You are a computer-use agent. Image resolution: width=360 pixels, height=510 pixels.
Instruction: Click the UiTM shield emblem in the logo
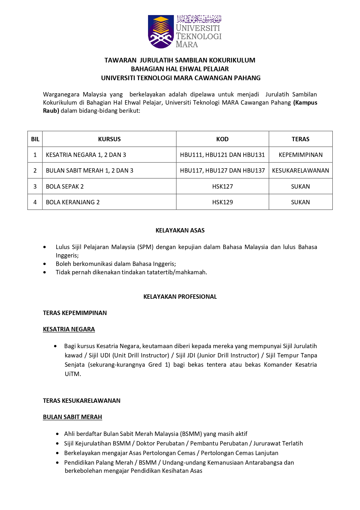point(161,31)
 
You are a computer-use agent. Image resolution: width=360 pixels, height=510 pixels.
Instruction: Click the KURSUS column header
point(109,139)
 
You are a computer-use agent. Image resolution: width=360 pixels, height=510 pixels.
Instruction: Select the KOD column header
point(222,139)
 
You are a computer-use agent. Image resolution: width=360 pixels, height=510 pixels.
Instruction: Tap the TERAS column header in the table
point(300,139)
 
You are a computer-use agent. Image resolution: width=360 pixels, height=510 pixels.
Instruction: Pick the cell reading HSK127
point(222,187)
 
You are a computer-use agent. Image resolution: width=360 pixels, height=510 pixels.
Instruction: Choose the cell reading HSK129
point(222,202)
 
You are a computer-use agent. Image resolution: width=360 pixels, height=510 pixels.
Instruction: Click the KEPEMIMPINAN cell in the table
point(300,155)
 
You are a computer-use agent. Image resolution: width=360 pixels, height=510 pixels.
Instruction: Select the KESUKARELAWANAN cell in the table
point(300,171)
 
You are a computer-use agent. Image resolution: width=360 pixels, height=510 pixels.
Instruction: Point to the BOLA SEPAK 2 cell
point(65,187)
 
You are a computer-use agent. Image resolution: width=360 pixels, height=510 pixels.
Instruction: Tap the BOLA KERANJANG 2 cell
point(73,202)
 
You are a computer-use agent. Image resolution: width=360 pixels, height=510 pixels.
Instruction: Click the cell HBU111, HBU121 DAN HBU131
point(222,155)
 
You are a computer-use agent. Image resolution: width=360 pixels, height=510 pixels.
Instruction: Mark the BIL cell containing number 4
point(35,202)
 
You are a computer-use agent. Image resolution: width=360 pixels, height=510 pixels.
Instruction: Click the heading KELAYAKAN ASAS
point(180,230)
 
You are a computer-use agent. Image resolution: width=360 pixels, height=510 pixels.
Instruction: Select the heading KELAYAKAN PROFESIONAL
point(180,297)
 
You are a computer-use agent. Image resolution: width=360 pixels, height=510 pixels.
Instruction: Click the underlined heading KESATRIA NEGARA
point(69,329)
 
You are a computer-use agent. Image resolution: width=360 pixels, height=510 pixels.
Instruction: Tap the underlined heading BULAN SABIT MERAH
point(72,417)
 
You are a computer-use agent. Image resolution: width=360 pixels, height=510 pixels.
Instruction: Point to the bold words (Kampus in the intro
point(305,103)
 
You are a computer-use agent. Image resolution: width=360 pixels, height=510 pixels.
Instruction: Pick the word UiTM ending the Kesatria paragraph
point(73,374)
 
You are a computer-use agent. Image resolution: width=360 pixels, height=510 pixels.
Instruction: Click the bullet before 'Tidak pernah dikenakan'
point(44,272)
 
